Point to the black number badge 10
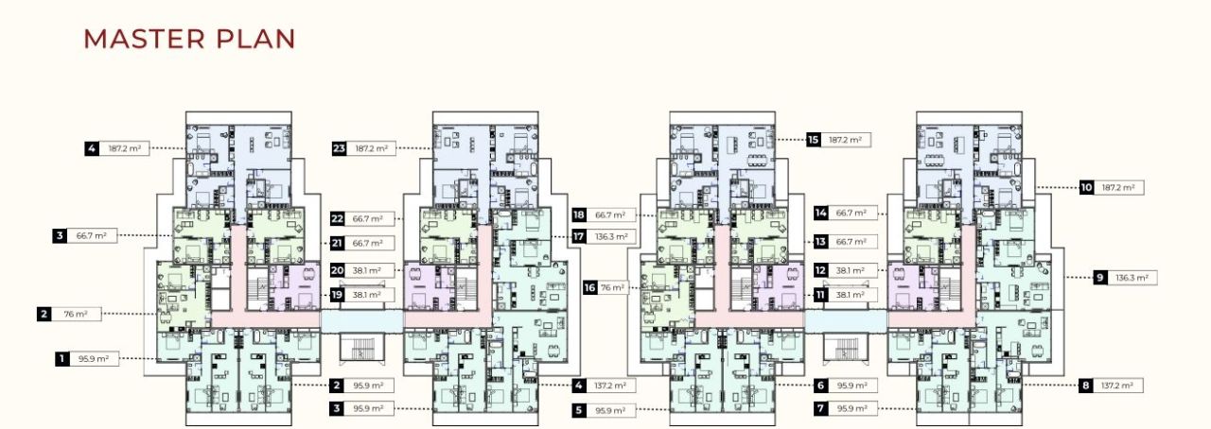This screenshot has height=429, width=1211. pos(1087,187)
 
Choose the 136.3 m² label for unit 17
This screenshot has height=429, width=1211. pos(612,236)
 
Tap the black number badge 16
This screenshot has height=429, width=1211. pos(590,287)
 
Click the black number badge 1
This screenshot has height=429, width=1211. pos(62,358)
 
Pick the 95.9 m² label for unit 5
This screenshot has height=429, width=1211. pos(611,411)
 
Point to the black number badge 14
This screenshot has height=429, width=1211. pos(821,213)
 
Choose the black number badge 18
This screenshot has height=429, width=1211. pos(579,214)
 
